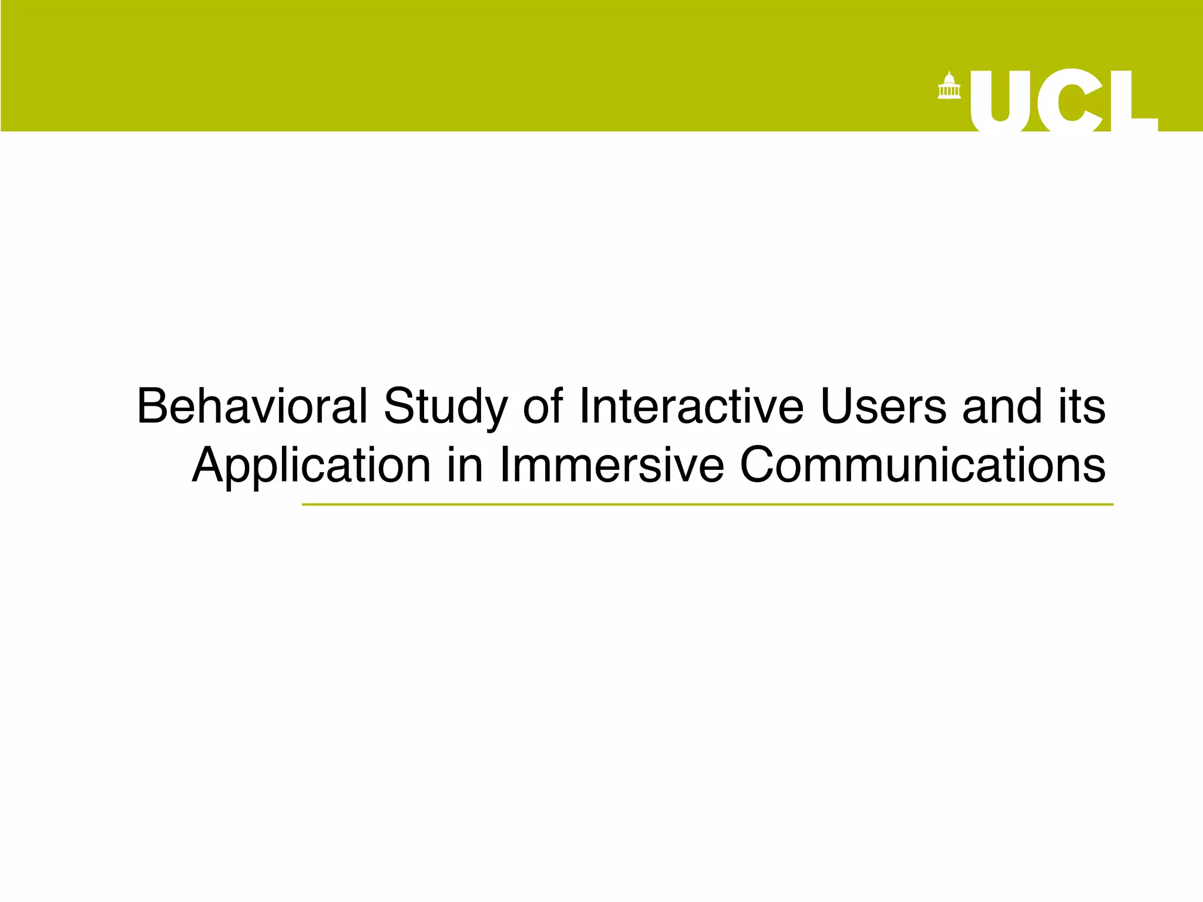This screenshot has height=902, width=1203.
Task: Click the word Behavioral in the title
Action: (x=252, y=406)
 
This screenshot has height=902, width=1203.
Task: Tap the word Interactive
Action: (x=691, y=406)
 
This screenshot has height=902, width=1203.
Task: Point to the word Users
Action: (x=883, y=406)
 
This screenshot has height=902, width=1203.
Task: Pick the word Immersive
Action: (x=612, y=465)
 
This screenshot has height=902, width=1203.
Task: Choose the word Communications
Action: (x=922, y=465)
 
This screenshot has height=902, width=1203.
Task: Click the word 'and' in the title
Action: (x=1002, y=406)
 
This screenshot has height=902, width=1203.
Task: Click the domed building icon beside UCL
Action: (x=949, y=86)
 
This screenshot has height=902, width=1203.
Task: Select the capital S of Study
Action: (x=401, y=406)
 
